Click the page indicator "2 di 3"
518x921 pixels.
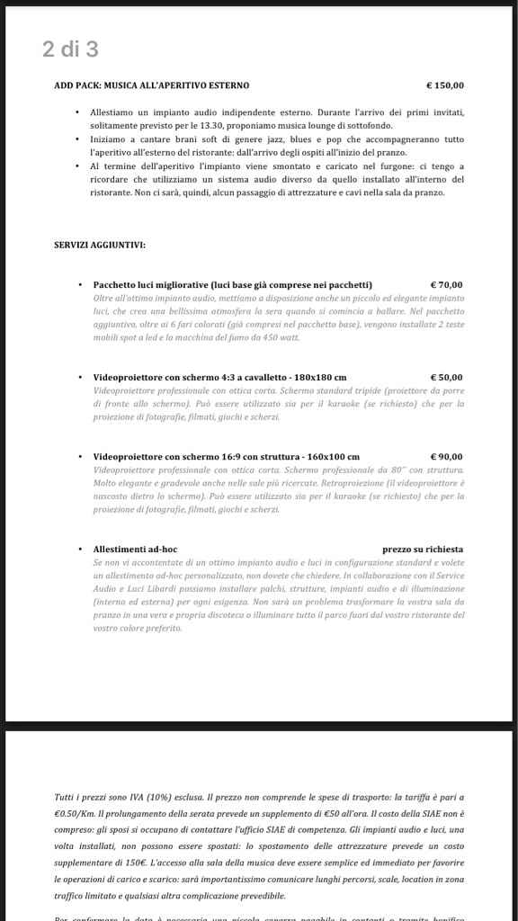pyautogui.click(x=70, y=49)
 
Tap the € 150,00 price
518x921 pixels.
pyautogui.click(x=444, y=85)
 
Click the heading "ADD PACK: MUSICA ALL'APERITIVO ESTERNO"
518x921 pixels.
pyautogui.click(x=152, y=85)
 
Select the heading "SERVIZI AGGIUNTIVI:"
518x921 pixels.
pyautogui.click(x=100, y=245)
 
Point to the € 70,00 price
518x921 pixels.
pyautogui.click(x=447, y=285)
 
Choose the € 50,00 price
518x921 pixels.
pyautogui.click(x=447, y=378)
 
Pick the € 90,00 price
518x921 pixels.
pyautogui.click(x=447, y=457)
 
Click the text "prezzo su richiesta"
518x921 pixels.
pyautogui.click(x=423, y=549)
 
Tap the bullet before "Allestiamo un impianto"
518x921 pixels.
pyautogui.click(x=79, y=112)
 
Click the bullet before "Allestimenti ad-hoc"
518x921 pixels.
pyautogui.click(x=82, y=549)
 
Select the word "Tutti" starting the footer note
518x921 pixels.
pyautogui.click(x=66, y=798)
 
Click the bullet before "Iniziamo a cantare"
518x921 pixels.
pyautogui.click(x=79, y=139)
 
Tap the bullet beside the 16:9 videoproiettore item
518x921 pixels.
pyautogui.click(x=82, y=457)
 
